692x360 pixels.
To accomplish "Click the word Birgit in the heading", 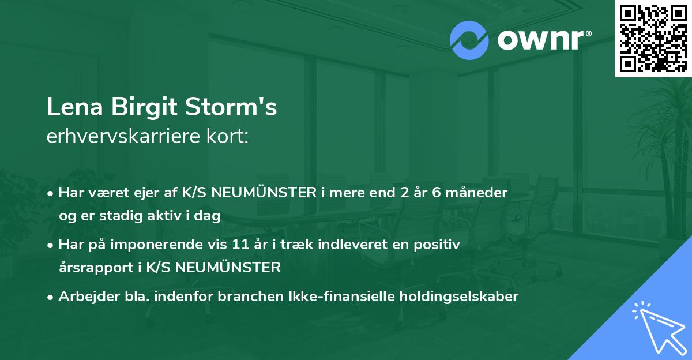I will click(x=131, y=108).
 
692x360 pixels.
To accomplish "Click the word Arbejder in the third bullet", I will click(x=85, y=297).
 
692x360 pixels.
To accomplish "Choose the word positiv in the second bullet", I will click(x=440, y=245).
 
